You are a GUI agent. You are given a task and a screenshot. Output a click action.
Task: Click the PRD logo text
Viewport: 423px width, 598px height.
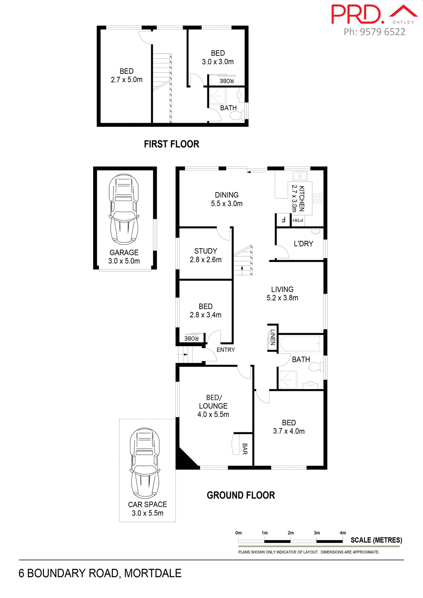[x=357, y=14]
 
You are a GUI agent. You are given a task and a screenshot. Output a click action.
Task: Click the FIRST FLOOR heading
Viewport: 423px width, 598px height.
[x=171, y=144]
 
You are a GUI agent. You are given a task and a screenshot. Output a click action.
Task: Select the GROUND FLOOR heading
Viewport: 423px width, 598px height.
[x=241, y=495]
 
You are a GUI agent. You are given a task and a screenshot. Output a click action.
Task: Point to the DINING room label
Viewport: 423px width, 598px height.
[x=227, y=195]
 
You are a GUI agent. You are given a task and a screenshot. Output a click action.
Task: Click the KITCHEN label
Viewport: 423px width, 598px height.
[x=301, y=198]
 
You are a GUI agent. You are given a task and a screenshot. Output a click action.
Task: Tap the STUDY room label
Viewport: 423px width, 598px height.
[x=205, y=251]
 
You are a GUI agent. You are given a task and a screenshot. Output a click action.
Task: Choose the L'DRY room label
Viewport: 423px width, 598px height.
[x=303, y=244]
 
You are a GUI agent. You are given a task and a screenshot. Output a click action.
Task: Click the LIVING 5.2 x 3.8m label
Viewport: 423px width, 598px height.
[x=282, y=293]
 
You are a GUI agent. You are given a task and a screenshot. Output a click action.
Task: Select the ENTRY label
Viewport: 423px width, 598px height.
[x=226, y=350]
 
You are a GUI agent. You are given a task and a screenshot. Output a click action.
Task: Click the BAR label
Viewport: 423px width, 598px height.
[x=245, y=449]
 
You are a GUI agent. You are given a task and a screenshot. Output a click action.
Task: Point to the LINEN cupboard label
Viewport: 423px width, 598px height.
[x=273, y=337]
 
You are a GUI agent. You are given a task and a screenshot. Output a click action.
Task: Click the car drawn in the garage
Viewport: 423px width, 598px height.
[x=124, y=209]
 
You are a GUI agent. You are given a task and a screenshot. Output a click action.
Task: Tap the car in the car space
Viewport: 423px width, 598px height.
[x=145, y=463]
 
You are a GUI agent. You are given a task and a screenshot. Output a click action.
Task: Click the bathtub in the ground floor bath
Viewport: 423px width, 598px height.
[x=300, y=343]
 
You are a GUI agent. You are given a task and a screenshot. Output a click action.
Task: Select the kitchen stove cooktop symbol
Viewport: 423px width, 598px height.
[x=318, y=198]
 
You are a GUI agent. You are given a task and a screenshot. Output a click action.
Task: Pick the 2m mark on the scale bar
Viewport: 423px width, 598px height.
[x=291, y=541]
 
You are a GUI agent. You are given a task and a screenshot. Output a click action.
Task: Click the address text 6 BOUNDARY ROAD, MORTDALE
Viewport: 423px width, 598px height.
[x=100, y=573]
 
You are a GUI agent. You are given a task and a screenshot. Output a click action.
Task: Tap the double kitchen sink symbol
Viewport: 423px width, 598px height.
[x=300, y=176]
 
